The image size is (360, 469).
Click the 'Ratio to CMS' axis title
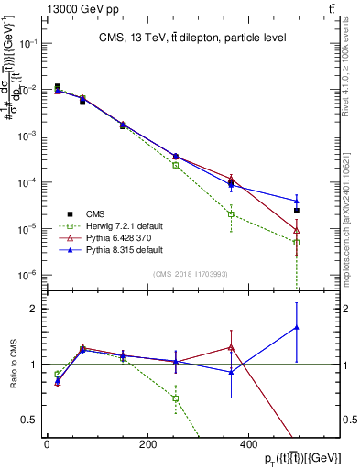coord(12,364)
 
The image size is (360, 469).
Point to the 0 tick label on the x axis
coord(47,444)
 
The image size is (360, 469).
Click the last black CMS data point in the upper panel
coord(297,211)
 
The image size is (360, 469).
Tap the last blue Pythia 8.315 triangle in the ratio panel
coord(297,327)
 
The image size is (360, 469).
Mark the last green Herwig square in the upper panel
coord(297,243)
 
